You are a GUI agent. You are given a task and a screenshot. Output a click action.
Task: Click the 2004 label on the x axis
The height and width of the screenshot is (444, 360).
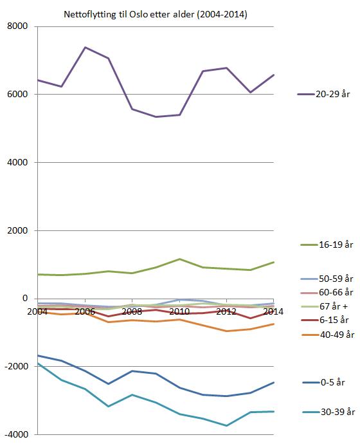pos(37,311)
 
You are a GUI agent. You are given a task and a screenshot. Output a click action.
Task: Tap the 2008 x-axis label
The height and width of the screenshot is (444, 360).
pos(132,311)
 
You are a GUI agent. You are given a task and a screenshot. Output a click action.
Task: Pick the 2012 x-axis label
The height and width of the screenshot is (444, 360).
pos(226,311)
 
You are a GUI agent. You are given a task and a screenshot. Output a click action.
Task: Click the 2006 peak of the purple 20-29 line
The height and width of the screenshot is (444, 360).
pos(85,47)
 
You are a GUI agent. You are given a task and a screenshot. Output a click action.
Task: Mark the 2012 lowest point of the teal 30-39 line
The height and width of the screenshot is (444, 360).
pos(226,425)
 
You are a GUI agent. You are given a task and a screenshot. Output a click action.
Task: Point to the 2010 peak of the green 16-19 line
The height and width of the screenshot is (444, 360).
pos(179,259)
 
